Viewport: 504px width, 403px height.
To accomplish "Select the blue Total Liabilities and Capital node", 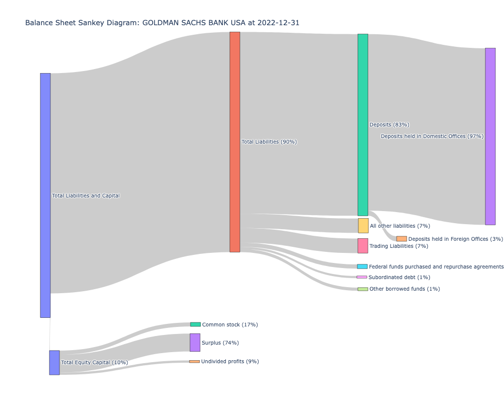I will point(45,195).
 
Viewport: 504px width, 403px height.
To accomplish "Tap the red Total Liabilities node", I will point(235,142).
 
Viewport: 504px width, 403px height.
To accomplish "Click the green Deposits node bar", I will point(363,124).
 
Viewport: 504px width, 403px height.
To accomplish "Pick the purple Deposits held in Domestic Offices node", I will point(490,136).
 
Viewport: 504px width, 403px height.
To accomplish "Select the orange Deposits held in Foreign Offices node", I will point(401,239).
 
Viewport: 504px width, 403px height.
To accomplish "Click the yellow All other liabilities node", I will point(363,226).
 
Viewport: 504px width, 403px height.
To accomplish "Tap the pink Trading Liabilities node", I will point(363,246).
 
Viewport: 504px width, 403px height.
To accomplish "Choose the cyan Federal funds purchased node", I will point(362,266).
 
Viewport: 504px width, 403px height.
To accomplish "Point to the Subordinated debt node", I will point(362,277).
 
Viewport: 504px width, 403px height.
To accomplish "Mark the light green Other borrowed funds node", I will point(363,289).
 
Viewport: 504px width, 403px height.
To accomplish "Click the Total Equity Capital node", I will point(54,363).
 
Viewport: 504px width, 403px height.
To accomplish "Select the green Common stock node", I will point(196,324).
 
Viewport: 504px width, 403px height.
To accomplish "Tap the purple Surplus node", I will point(195,343).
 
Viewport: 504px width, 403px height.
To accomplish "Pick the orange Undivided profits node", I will point(195,362).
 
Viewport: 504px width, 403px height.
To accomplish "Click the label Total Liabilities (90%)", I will point(269,142).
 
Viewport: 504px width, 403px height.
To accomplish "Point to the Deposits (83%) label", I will point(389,125).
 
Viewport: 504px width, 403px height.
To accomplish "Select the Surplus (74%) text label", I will point(220,343).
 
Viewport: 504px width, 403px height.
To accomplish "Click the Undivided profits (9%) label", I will point(230,362).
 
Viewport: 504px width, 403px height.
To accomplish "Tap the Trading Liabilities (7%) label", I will point(399,246).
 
